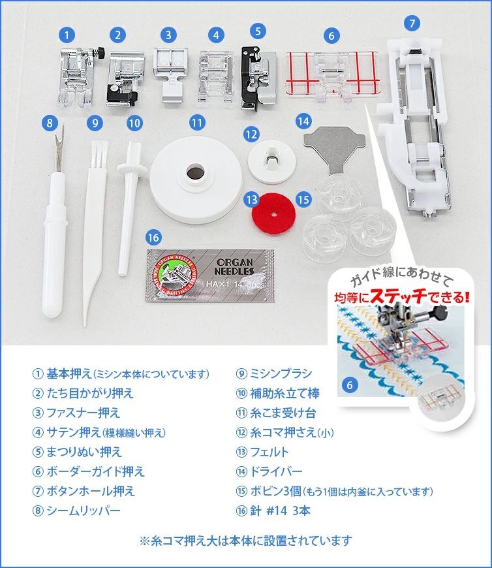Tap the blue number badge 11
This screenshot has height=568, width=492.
197,123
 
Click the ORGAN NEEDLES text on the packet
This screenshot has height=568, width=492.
234,266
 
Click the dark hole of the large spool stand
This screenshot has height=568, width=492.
196,171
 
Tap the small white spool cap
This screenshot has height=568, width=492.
272,161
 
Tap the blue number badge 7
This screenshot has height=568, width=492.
412,24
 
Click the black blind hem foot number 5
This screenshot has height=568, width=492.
258,78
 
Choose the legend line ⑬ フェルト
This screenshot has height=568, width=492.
262,452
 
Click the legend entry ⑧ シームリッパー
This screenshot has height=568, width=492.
76,511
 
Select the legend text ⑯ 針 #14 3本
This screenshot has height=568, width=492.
273,511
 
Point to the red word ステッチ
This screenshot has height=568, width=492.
399,296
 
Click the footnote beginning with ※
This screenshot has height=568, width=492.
246,541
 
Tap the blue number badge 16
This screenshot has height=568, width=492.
153,238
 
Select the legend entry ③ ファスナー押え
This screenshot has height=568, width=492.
76,413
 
